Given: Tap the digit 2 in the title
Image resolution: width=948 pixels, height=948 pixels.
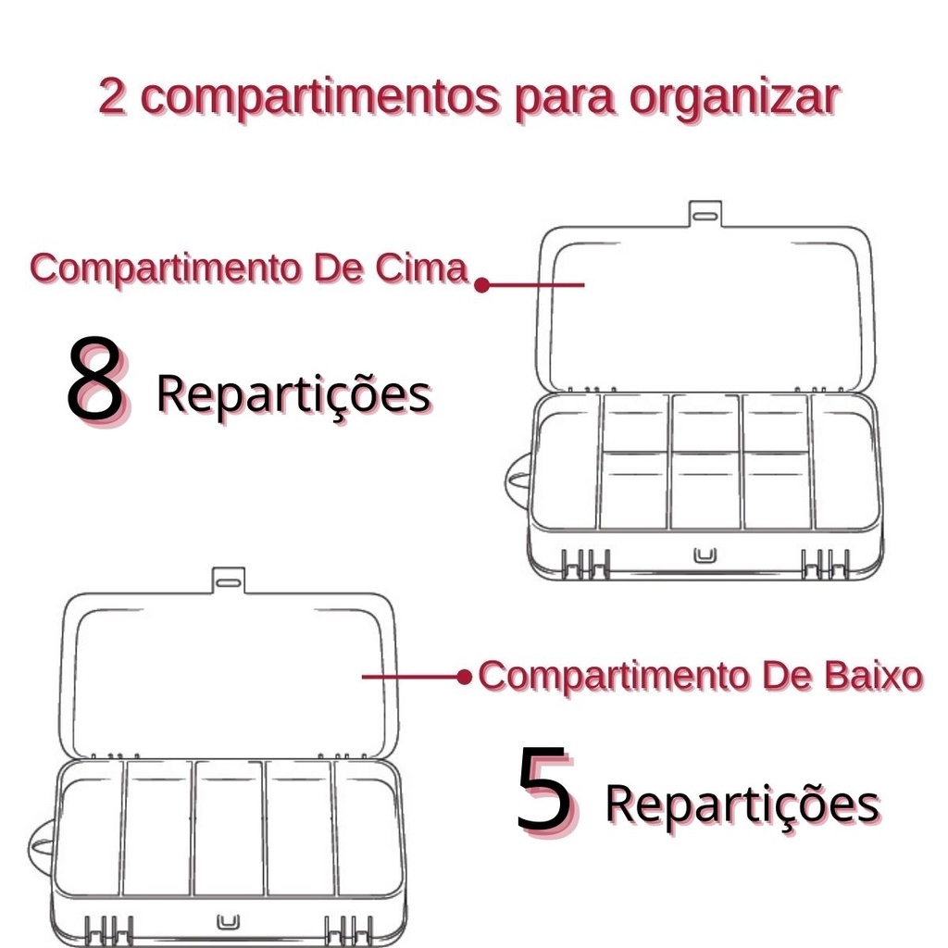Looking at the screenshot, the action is click(113, 96).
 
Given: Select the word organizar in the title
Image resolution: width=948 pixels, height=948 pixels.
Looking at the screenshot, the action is click(734, 100).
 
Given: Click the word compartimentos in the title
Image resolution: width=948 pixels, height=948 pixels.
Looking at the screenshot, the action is click(320, 98).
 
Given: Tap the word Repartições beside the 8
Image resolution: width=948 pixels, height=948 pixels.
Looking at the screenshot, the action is click(293, 394).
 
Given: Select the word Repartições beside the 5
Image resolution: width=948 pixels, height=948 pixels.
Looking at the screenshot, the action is click(742, 805).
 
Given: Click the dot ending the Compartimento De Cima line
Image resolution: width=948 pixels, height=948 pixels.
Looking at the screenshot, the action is click(481, 285).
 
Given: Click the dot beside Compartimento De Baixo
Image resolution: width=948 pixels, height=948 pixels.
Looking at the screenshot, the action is click(464, 677).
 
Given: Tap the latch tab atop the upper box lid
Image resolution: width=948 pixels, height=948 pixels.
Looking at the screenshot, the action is click(705, 214).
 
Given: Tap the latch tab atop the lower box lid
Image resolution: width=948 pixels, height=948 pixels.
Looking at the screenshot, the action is click(229, 580).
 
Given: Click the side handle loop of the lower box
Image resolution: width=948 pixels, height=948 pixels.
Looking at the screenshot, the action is click(38, 850).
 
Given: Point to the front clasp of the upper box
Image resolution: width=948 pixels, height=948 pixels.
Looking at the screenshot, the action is click(705, 555).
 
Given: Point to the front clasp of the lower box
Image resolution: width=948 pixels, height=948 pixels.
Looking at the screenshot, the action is click(228, 922).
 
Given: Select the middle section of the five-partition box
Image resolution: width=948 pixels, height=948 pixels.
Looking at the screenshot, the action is click(230, 829).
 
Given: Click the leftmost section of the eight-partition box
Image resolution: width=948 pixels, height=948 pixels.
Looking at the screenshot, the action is click(566, 463).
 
